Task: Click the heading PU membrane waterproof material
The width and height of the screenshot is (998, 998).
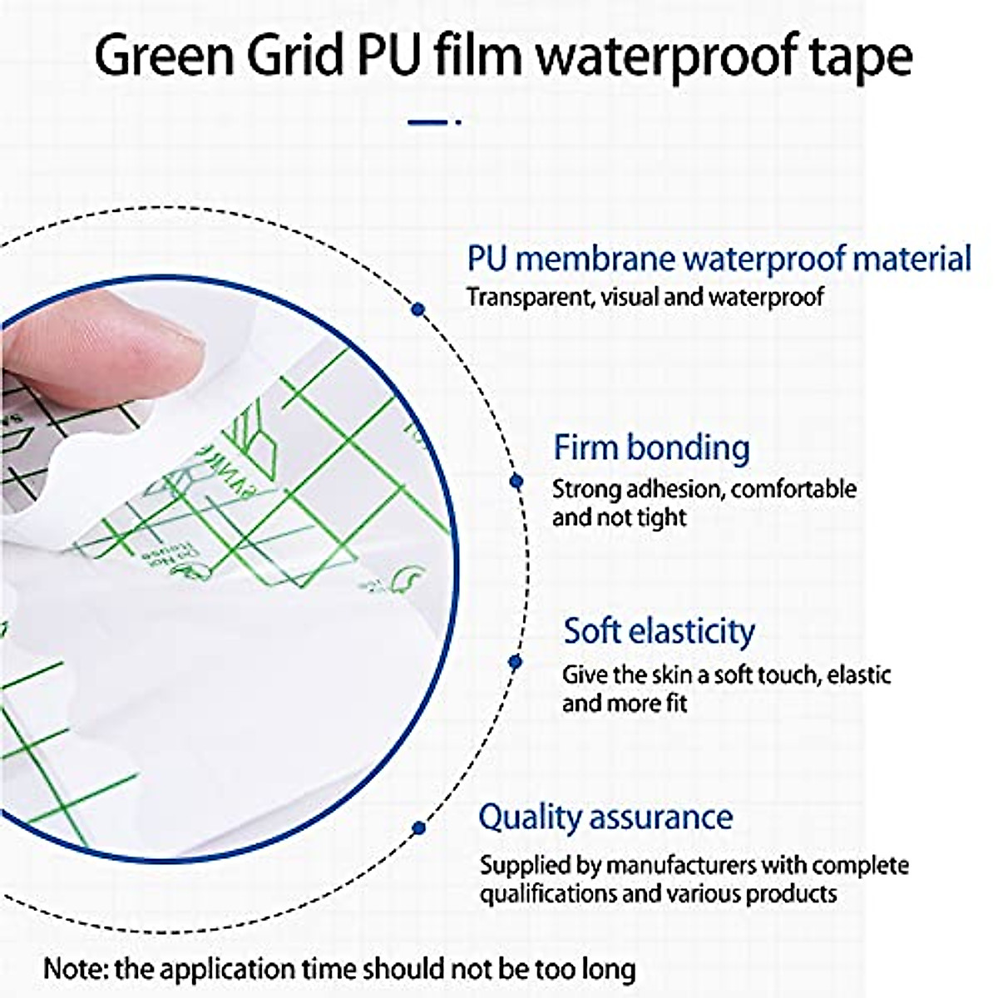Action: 719,259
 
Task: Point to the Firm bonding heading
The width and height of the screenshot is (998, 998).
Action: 651,448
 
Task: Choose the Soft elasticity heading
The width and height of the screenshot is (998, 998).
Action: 659,631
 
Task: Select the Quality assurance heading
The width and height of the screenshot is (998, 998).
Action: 605,818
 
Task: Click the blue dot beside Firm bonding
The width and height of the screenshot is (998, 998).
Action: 516,481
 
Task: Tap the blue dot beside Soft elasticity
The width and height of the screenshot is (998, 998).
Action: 515,662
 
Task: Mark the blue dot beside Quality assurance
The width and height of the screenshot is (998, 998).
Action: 419,828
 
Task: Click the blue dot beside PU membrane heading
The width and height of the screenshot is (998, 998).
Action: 418,309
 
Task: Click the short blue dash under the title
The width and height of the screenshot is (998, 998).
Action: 429,122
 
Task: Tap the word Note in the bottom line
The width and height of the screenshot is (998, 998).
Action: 73,969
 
